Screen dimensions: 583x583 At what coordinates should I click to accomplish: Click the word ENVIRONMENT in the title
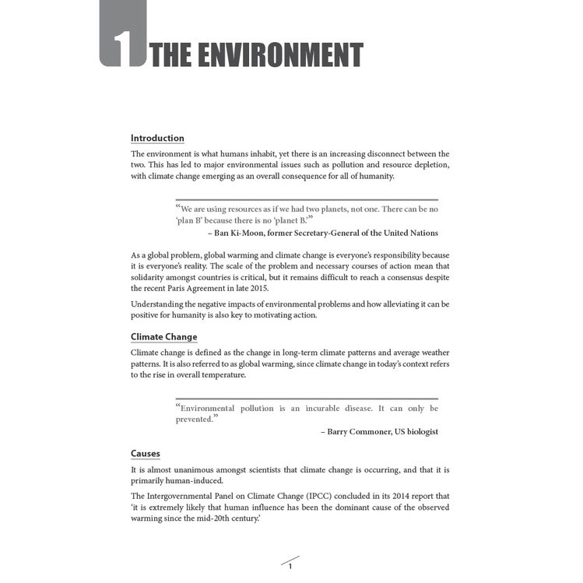272,55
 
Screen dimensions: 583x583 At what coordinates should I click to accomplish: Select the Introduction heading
157,139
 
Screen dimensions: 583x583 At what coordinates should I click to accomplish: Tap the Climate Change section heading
163,337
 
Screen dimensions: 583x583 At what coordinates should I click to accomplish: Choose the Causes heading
146,454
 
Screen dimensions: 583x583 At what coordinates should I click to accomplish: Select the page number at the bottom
290,566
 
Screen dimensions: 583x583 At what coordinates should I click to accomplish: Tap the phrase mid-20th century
223,519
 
